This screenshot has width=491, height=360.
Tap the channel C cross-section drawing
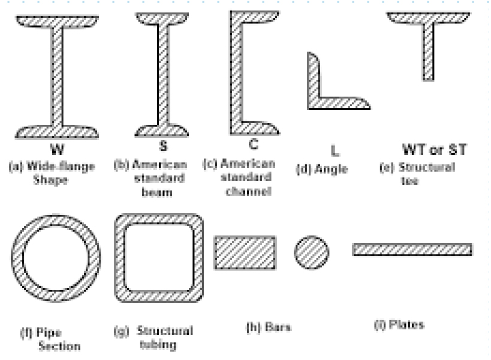pos(236,73)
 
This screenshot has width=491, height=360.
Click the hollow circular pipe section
pos(17,258)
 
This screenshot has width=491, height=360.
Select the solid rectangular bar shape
pos(245,253)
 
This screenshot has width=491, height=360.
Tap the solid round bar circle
pos(312,253)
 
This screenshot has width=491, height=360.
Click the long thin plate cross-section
pos(412,250)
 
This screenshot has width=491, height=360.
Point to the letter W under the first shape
pos(57,149)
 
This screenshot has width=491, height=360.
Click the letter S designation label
pos(163,146)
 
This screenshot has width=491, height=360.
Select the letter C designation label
pos(254,144)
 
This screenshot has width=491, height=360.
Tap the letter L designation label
pos(335,151)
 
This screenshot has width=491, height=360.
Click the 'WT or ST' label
pos(434,149)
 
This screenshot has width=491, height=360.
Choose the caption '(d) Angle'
pos(322,169)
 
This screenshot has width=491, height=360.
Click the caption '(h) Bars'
pos(269,328)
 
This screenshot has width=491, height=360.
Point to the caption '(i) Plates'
pos(399,325)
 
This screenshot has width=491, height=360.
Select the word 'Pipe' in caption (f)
pos(49,333)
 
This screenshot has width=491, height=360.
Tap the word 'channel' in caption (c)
pos(249,191)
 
